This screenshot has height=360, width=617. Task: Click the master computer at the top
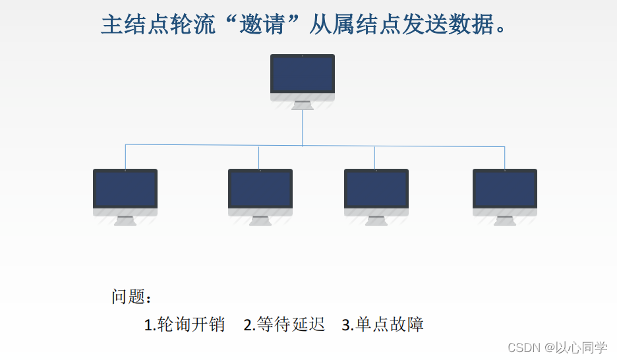(x=303, y=76)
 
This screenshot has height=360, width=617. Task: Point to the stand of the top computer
(x=303, y=105)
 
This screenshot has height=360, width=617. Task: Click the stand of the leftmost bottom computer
(x=125, y=220)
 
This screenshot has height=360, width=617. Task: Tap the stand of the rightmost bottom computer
(x=504, y=220)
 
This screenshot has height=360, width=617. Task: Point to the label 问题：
(x=132, y=297)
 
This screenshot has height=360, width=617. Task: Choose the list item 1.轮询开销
(x=184, y=324)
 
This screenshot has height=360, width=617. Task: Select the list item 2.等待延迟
(x=284, y=324)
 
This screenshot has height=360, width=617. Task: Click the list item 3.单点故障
(x=382, y=324)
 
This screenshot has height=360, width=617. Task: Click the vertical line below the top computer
(x=303, y=127)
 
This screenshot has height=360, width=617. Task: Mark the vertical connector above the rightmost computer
(x=505, y=158)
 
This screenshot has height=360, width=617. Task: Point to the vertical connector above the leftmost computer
(x=125, y=156)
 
